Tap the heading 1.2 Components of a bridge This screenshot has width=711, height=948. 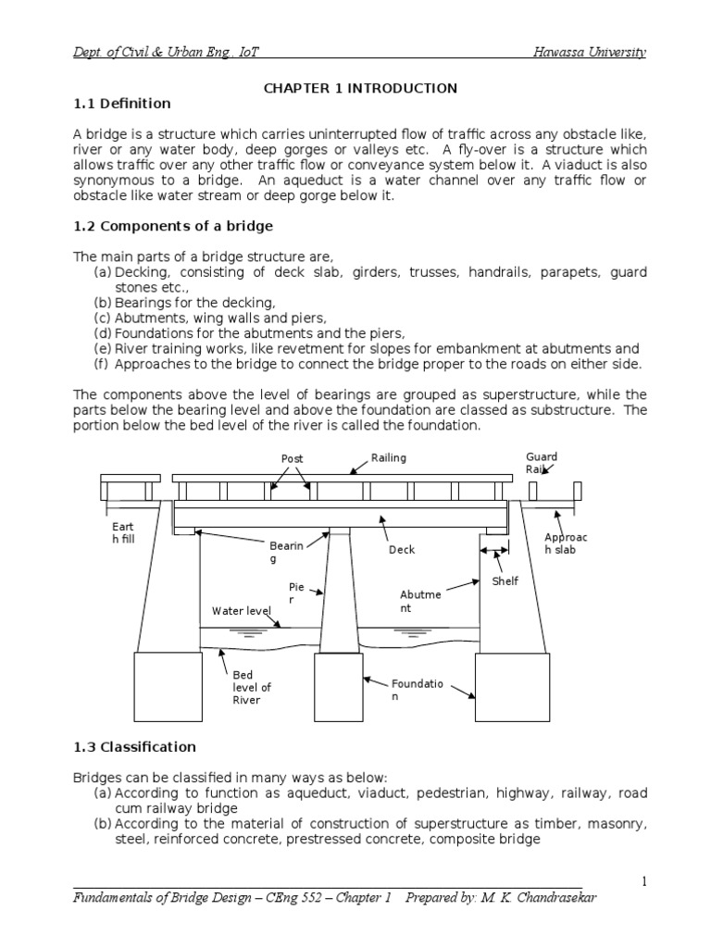172,225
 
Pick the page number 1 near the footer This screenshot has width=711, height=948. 642,880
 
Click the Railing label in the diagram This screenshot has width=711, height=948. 388,457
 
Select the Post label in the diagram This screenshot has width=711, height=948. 292,459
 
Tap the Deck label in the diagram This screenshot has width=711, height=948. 402,550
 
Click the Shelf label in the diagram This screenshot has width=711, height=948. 505,581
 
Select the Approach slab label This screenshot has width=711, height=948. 565,545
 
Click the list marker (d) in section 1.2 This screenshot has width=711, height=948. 102,333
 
